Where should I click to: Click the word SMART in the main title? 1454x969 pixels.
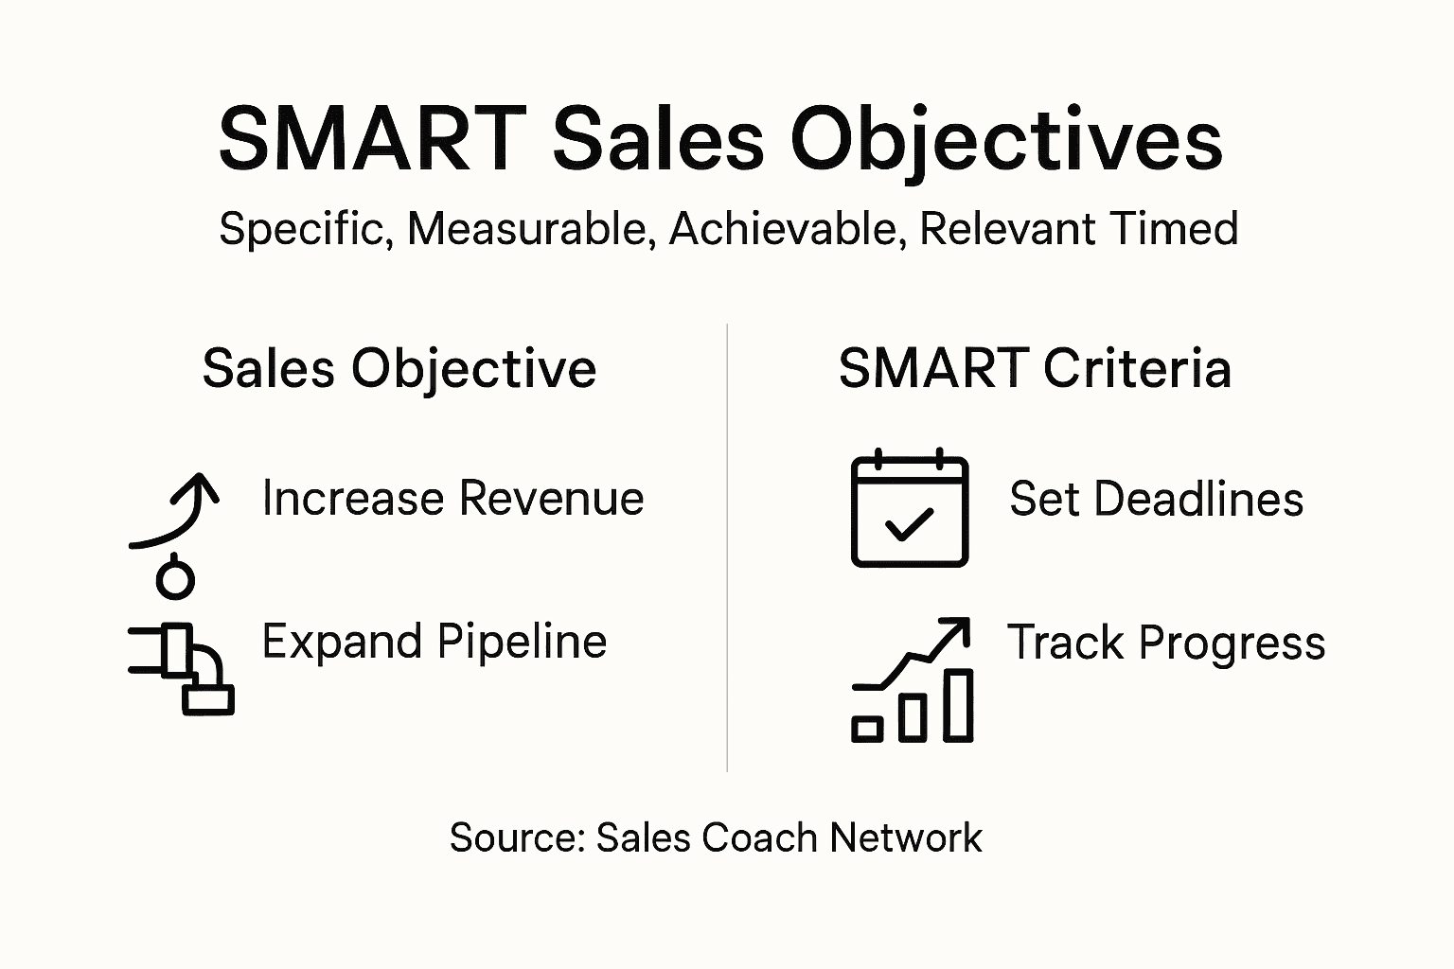click(372, 139)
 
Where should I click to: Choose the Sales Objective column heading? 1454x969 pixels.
click(399, 368)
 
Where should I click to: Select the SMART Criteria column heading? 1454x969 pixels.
click(1035, 368)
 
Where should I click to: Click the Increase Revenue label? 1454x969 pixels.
click(452, 498)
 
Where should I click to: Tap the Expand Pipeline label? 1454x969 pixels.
click(434, 642)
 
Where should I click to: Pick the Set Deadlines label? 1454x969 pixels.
click(1156, 499)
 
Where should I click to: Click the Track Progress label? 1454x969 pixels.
click(1165, 643)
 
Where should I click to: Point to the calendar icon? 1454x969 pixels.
click(910, 508)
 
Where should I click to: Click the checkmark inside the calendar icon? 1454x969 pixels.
click(909, 523)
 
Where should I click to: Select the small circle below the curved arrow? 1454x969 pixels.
click(175, 579)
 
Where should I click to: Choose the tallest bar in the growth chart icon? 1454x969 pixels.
click(959, 704)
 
